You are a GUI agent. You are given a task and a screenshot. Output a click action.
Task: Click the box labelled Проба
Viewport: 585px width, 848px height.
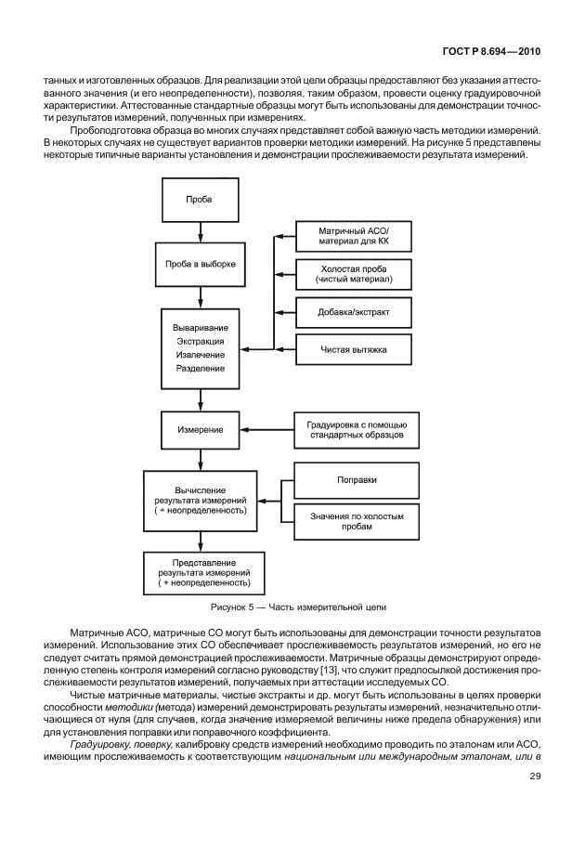click(x=199, y=201)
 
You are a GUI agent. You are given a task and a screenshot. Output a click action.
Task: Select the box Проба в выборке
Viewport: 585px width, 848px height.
click(x=199, y=265)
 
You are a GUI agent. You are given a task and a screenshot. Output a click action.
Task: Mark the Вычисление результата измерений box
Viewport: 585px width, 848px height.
click(x=199, y=500)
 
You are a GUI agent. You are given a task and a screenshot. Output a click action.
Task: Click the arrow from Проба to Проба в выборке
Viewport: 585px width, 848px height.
click(x=199, y=231)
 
